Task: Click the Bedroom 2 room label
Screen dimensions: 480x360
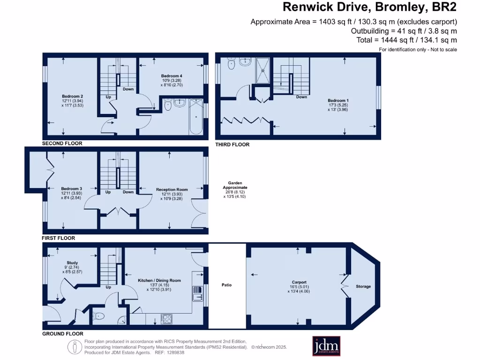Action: [x=73, y=96]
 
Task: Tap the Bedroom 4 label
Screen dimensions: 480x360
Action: [x=172, y=76]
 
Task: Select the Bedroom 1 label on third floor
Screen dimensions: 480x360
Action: [x=338, y=100]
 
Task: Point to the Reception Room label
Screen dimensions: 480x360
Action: [x=172, y=189]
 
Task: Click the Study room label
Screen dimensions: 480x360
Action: [x=72, y=262]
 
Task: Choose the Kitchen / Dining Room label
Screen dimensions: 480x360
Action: [x=159, y=280]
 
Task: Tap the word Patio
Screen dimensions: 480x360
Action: [x=226, y=285]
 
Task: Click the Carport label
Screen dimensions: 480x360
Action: [x=299, y=282]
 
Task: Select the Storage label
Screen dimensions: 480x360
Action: [x=363, y=286]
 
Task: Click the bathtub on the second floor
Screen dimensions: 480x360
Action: [x=196, y=117]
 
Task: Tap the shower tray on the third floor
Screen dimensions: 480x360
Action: [x=263, y=70]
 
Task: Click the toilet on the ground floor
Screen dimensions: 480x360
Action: [x=98, y=316]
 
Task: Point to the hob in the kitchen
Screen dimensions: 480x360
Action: [x=167, y=319]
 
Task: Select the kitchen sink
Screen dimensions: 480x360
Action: [x=197, y=293]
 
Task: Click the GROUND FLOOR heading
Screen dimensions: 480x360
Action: [x=63, y=334]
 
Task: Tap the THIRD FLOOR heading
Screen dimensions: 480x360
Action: [x=232, y=144]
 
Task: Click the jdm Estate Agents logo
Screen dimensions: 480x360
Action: [x=326, y=346]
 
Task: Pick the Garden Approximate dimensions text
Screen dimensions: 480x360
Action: [x=235, y=190]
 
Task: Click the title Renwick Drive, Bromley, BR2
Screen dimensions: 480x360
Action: [x=370, y=7]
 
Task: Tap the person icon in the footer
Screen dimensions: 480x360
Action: [x=75, y=347]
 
